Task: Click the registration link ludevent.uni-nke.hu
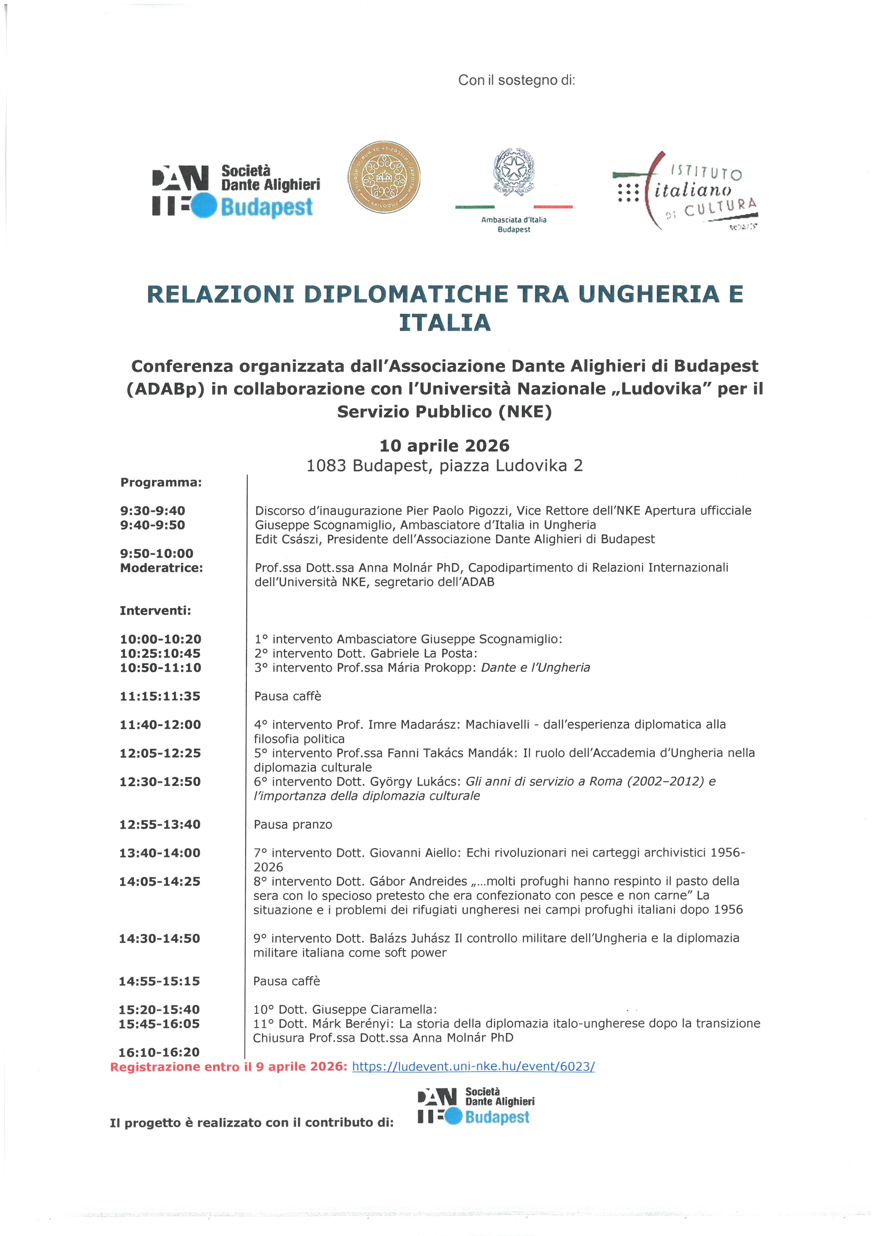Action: [473, 1066]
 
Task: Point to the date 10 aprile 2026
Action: [444, 446]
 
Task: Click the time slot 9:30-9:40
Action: [152, 510]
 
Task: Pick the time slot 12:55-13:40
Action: [160, 824]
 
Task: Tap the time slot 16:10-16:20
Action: [159, 1052]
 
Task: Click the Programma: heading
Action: [161, 482]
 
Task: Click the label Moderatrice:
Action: [162, 568]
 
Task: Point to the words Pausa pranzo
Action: [293, 824]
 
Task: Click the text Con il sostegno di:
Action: [516, 80]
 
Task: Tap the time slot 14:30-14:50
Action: [159, 938]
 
